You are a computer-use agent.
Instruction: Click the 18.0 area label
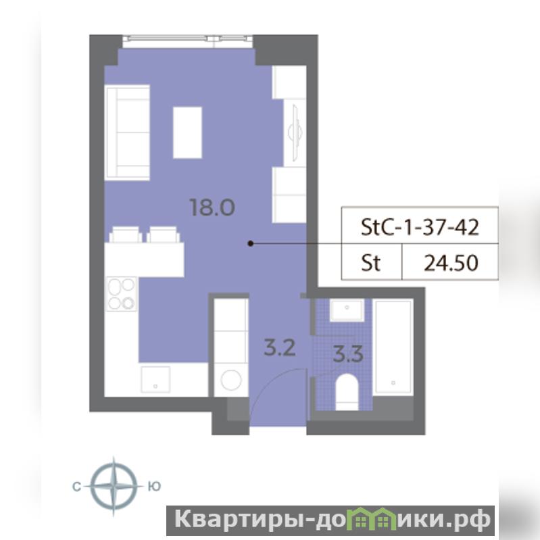tap(212, 207)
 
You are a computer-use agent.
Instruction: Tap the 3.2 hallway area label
tap(280, 347)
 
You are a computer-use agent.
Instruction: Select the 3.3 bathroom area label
tap(348, 354)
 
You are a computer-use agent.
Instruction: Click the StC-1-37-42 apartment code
tap(420, 227)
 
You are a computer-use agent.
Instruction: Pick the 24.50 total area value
tap(451, 263)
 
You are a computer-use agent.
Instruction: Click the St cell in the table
tap(370, 263)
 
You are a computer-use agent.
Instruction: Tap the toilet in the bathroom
tap(347, 392)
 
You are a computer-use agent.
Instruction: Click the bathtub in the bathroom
tap(393, 347)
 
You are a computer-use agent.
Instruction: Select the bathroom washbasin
tap(347, 310)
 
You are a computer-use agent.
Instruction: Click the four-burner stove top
tap(122, 294)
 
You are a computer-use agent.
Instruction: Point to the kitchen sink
tap(155, 379)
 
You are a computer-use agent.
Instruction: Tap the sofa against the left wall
tap(128, 132)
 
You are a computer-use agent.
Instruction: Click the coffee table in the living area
tap(187, 132)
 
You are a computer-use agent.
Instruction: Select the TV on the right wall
tap(295, 132)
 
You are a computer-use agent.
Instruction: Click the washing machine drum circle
tap(230, 380)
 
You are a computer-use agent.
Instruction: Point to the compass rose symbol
tap(114, 486)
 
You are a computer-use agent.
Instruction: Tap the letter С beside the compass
tap(76, 487)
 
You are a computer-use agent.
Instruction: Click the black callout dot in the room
tap(251, 243)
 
